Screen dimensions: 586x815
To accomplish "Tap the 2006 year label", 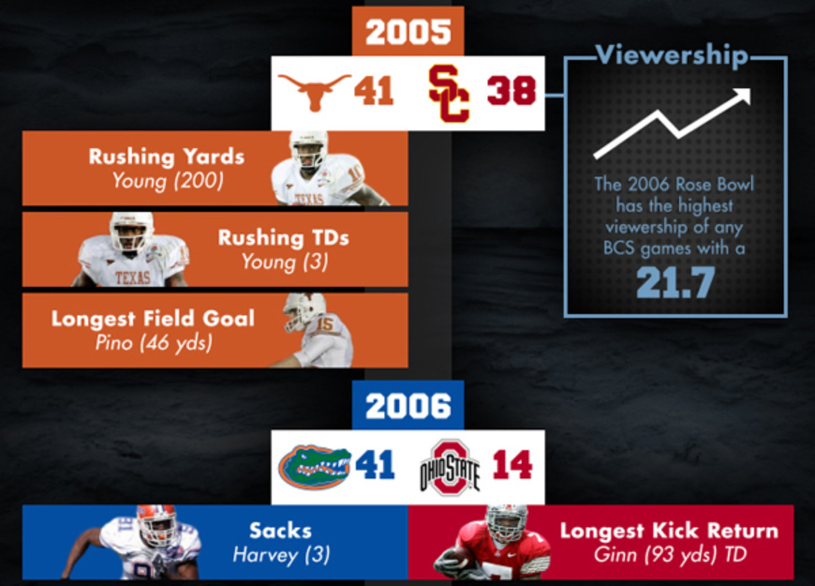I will pos(408,406).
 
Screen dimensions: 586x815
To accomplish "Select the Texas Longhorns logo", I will pos(314,92).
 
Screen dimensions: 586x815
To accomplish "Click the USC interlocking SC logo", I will pos(449,94).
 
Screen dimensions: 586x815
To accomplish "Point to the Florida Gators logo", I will pos(314,466).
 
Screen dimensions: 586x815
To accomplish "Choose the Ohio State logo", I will pos(450,467).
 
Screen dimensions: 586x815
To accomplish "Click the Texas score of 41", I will pos(374,92).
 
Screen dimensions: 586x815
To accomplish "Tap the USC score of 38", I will pos(511,92).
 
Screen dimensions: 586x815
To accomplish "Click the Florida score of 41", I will pos(375,466).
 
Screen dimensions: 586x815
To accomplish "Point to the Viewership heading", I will pos(672,56).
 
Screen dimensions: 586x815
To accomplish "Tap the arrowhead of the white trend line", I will pos(744,96).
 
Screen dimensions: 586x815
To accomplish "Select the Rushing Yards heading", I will pos(166,156).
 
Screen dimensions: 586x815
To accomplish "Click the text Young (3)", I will pos(283,262).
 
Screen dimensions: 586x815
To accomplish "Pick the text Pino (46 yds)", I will pos(153,342).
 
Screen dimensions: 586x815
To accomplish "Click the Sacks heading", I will pos(280,530).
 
